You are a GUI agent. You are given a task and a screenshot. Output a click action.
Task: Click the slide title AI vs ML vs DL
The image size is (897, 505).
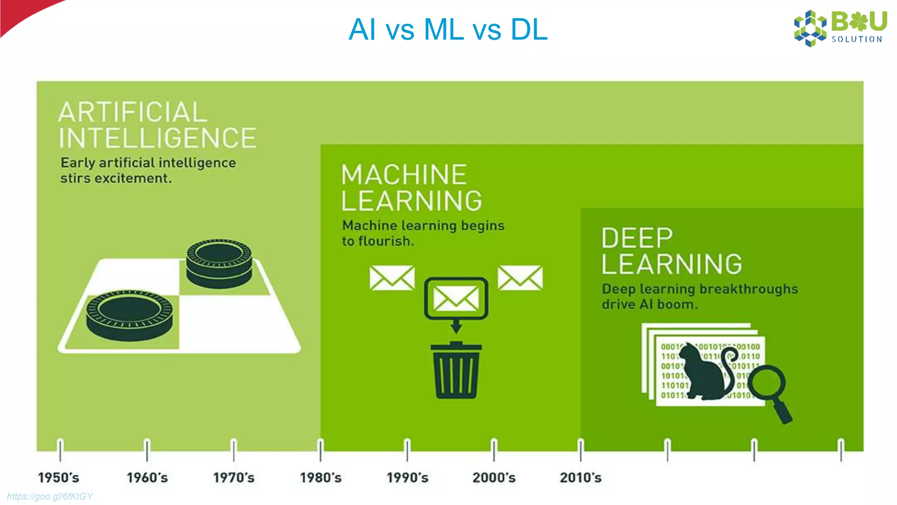[x=448, y=30]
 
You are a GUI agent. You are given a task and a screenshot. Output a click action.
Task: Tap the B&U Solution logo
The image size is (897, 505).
[x=840, y=28]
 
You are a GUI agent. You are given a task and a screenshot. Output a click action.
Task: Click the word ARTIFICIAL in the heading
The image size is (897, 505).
[x=133, y=112]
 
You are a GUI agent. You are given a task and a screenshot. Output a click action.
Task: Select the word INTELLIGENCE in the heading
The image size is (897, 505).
[x=157, y=138]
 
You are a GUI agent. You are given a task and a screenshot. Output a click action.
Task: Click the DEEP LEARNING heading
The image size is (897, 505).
[x=671, y=251]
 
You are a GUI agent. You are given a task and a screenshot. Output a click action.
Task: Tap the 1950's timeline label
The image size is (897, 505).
[x=58, y=477]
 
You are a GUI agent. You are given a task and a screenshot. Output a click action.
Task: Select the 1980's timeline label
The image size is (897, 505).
[x=320, y=477]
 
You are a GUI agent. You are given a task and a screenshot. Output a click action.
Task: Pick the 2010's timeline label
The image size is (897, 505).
[x=580, y=477]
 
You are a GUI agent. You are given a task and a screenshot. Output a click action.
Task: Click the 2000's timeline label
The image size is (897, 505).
[x=494, y=477]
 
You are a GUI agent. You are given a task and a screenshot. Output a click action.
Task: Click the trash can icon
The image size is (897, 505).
[x=456, y=371]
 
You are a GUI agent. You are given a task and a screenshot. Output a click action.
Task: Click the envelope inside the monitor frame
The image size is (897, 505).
[x=456, y=299]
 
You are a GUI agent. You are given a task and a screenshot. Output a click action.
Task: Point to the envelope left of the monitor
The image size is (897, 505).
[x=392, y=277]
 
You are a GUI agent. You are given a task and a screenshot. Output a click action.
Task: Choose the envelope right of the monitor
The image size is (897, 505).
[x=520, y=277]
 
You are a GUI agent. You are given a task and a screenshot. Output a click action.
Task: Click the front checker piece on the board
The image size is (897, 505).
[x=129, y=315]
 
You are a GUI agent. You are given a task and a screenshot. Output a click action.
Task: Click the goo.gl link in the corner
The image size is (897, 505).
[x=49, y=496]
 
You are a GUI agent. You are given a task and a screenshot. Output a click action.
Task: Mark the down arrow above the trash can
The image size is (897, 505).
[x=456, y=327]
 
